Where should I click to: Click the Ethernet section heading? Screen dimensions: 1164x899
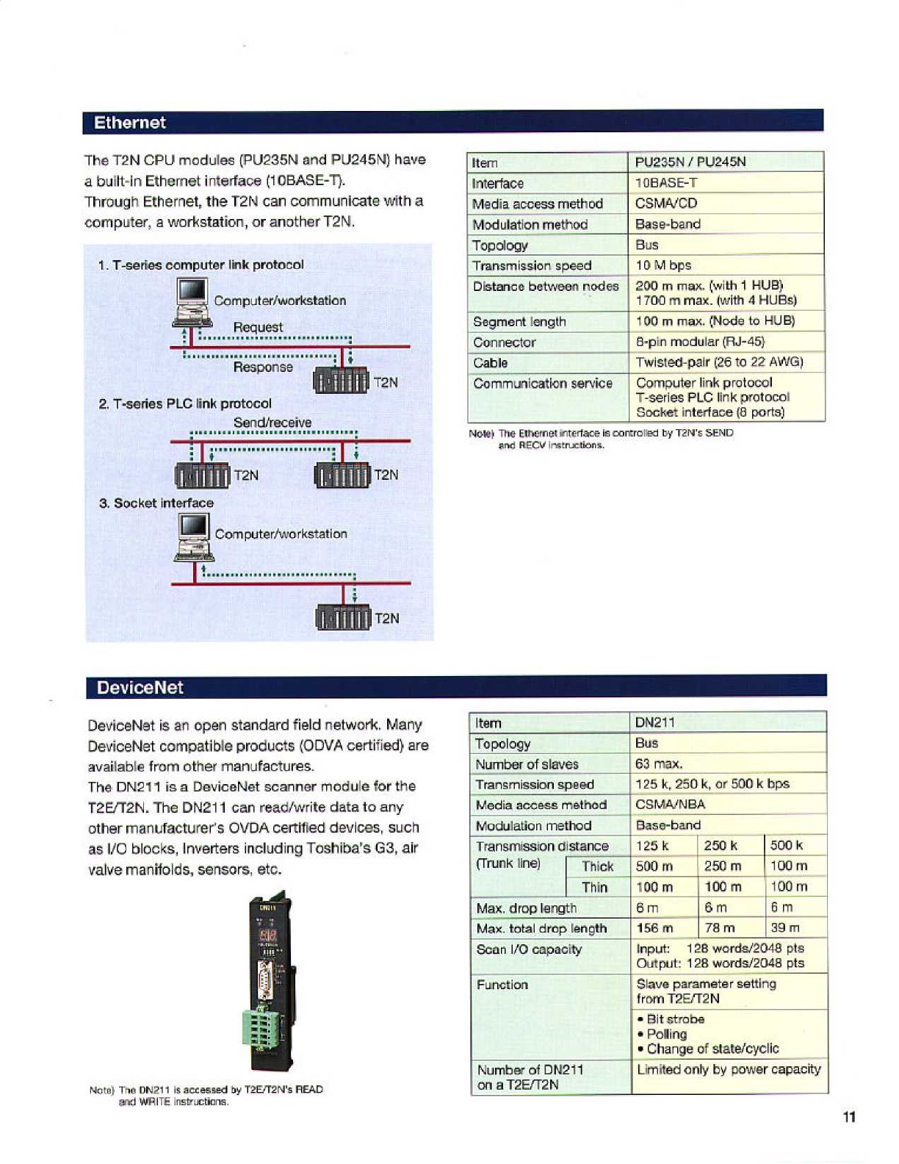coord(130,123)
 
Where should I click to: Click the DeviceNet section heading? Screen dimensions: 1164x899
coord(140,688)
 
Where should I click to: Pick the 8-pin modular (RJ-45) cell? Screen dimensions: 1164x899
coord(700,342)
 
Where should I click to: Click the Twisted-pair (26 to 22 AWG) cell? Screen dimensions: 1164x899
coord(719,362)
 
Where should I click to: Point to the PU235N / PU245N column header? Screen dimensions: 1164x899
coord(690,162)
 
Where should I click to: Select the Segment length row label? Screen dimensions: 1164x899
coord(519,322)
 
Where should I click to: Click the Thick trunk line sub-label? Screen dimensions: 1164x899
coord(597,867)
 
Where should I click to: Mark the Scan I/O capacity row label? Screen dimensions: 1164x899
coord(529,949)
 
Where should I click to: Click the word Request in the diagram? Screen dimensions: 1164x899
coord(258,327)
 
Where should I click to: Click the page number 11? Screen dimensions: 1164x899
coord(849,1118)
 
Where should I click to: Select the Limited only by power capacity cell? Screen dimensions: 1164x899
coord(728,1069)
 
